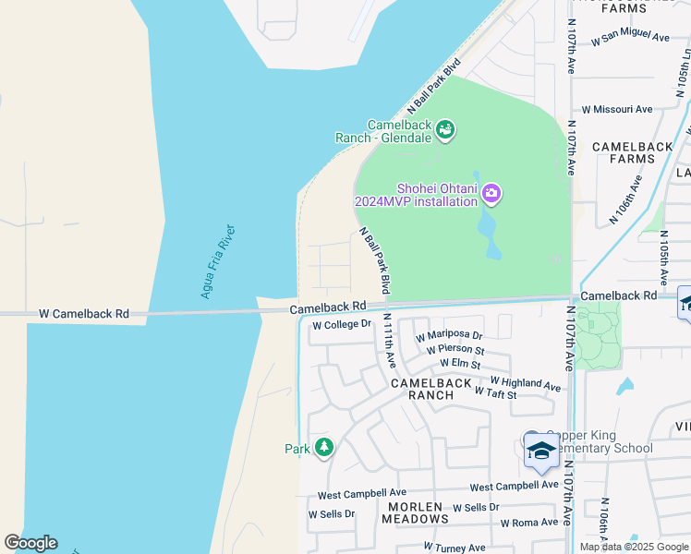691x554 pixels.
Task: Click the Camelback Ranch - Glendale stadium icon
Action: coord(446,129)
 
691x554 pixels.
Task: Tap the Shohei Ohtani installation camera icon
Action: coord(491,193)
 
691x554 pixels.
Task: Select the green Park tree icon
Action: coord(323,448)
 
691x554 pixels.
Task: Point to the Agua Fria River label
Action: coord(218,262)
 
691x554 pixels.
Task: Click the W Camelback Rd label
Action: coord(83,314)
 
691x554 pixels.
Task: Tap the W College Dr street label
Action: coord(341,325)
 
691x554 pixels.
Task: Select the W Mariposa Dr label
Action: coord(449,335)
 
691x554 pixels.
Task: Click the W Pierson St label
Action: coord(455,350)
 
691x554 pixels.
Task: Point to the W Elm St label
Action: coord(460,365)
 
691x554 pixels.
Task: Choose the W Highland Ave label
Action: coord(525,382)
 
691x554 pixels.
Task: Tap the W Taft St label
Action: coord(494,393)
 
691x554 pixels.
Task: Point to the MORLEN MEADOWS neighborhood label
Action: coord(417,513)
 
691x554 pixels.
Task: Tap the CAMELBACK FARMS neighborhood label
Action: coord(624,152)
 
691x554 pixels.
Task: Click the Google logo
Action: coord(30,543)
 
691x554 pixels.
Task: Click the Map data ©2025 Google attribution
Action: coord(634,547)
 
